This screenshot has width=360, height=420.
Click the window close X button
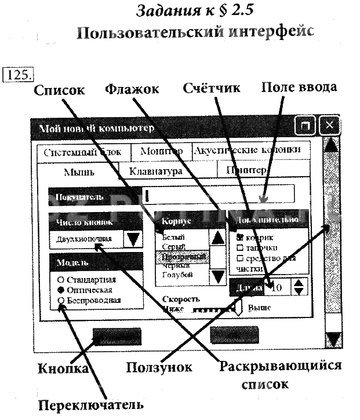point(329,126)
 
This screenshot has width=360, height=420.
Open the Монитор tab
point(161,151)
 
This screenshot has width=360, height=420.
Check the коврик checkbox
point(239,238)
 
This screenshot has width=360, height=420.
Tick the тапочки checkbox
point(239,248)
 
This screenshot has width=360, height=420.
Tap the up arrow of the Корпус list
point(217,236)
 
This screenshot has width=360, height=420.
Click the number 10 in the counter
point(277,287)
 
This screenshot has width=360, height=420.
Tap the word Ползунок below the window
point(159,367)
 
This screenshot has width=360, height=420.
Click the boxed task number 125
point(19,74)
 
